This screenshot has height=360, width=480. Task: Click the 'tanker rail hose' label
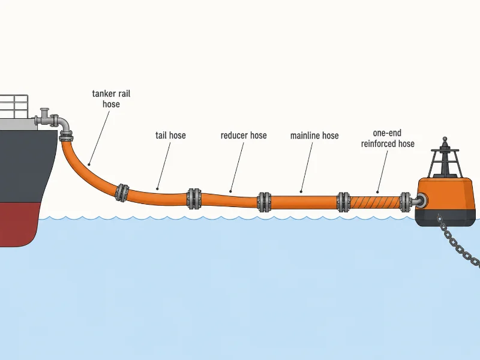[111, 98]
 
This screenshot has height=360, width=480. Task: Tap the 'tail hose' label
[170, 136]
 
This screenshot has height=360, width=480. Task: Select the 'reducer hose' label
[244, 136]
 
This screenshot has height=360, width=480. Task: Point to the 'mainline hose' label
[314, 136]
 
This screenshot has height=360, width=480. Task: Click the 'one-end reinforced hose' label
[388, 139]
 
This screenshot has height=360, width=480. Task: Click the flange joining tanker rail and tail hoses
[122, 193]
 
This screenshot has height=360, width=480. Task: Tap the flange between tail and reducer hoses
[194, 199]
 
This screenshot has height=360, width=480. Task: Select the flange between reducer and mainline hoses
[264, 202]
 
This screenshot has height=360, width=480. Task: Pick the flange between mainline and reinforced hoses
[343, 202]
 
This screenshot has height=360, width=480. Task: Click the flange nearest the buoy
[405, 202]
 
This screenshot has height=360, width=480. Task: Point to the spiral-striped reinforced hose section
[374, 202]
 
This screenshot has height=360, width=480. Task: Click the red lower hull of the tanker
[19, 224]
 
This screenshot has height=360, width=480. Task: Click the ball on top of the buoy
[445, 139]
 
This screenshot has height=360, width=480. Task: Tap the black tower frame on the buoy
[445, 162]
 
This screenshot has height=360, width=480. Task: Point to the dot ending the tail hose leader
[157, 189]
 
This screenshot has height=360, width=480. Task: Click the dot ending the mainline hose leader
[301, 192]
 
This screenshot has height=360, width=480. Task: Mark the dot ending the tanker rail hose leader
[89, 164]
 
